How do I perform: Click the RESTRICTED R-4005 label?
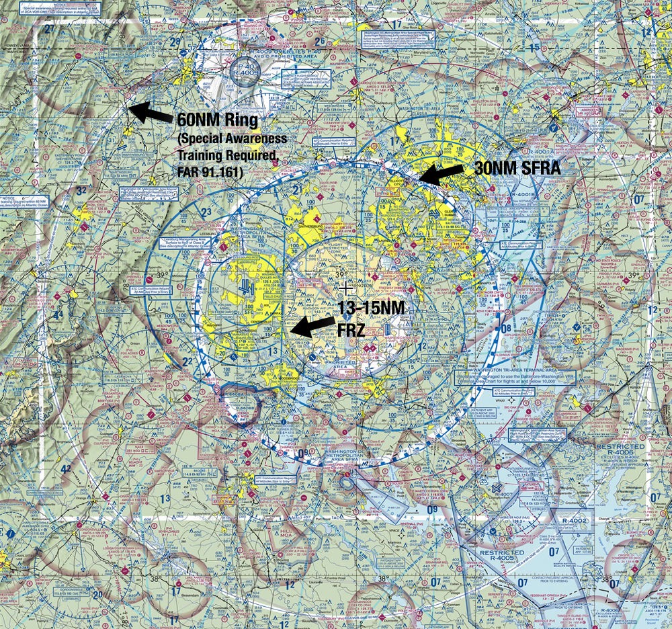click(x=502, y=557)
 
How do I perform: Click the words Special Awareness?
click(x=233, y=138)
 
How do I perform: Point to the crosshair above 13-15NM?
click(x=346, y=288)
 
